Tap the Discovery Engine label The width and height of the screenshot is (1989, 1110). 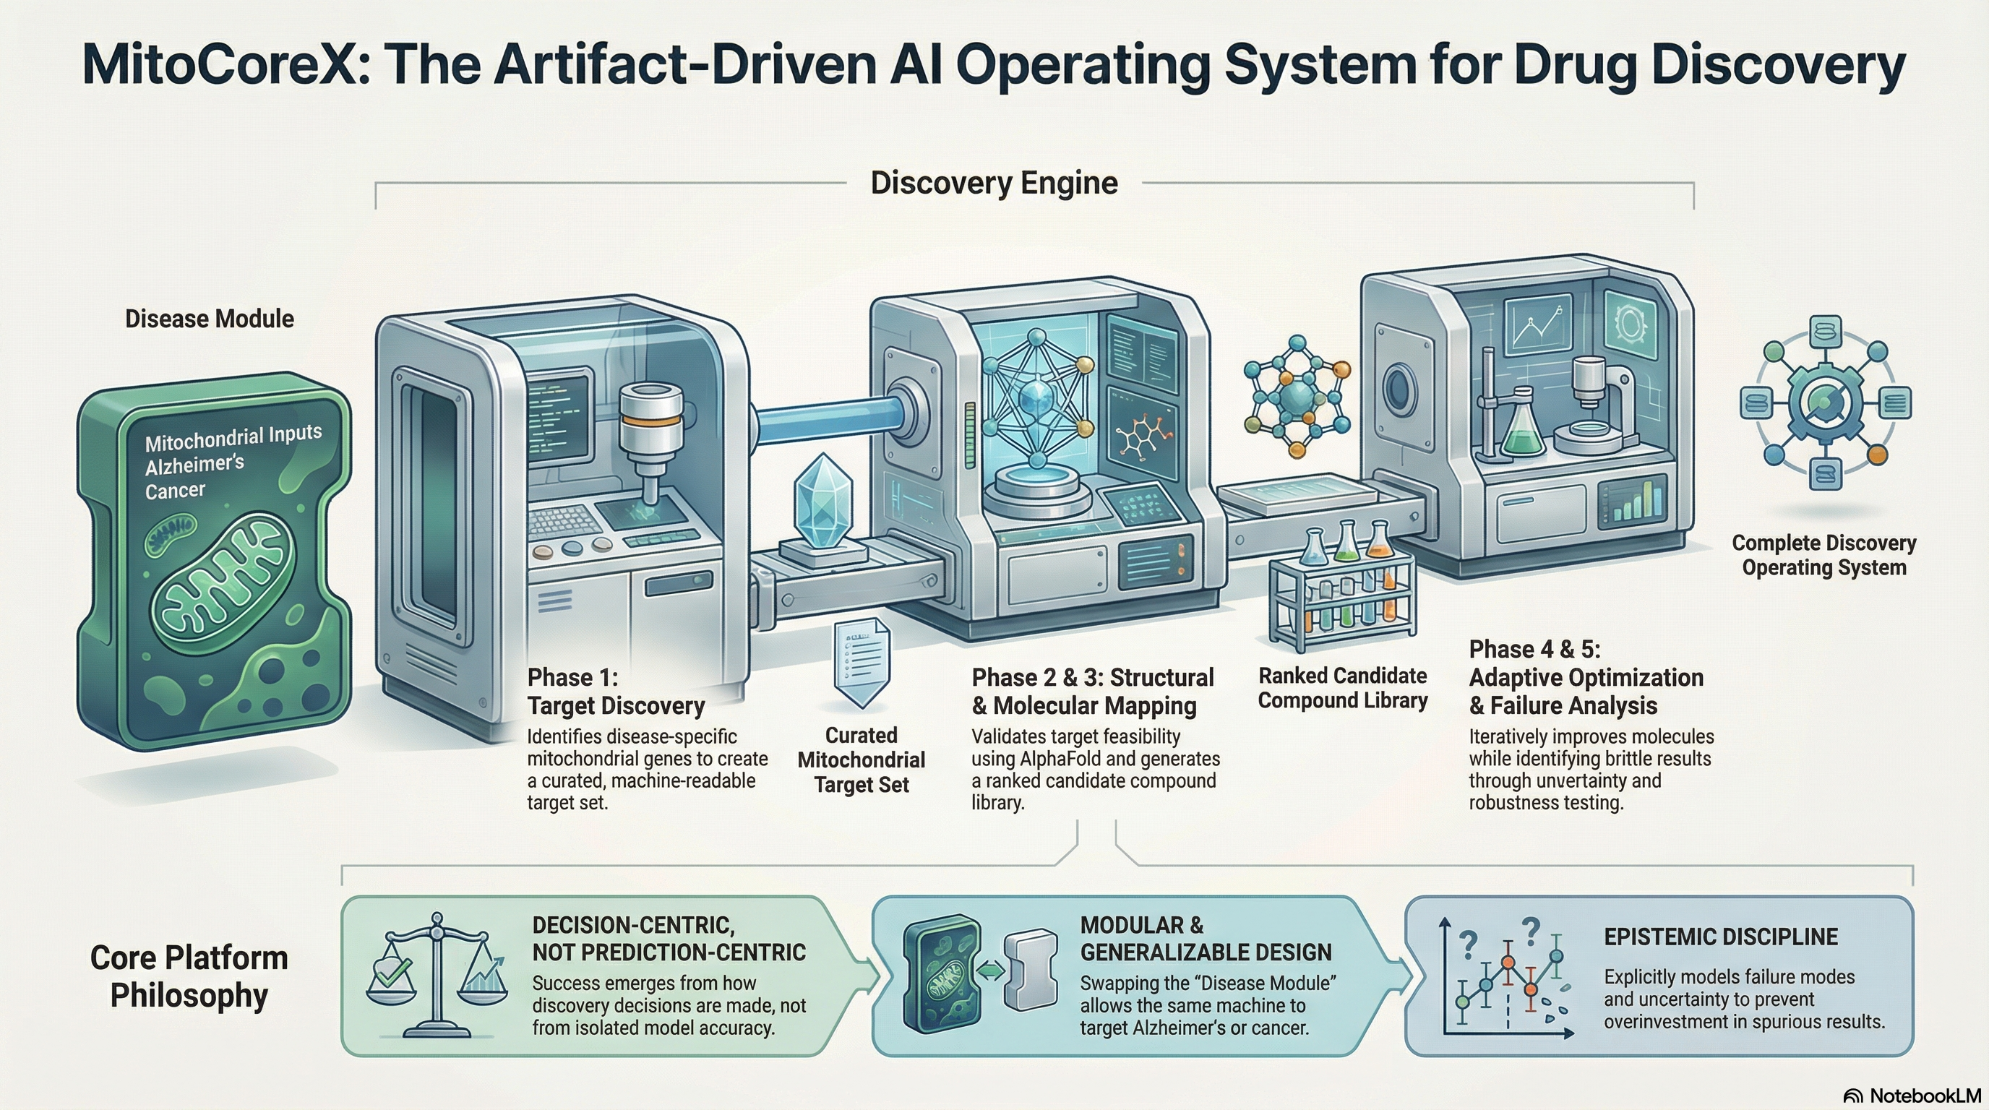click(x=994, y=183)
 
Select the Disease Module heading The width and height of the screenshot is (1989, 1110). click(x=210, y=319)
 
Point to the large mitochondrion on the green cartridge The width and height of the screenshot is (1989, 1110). click(x=224, y=582)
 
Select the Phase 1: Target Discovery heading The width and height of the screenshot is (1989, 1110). click(x=615, y=692)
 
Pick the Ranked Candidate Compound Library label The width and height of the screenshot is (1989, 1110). click(x=1342, y=688)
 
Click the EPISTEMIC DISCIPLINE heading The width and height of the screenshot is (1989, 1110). click(x=1720, y=937)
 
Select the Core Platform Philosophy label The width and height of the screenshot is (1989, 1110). click(x=189, y=976)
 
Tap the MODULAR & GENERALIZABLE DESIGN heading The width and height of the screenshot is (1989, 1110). click(x=1206, y=939)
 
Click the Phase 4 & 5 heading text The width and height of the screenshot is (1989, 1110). click(x=1586, y=677)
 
